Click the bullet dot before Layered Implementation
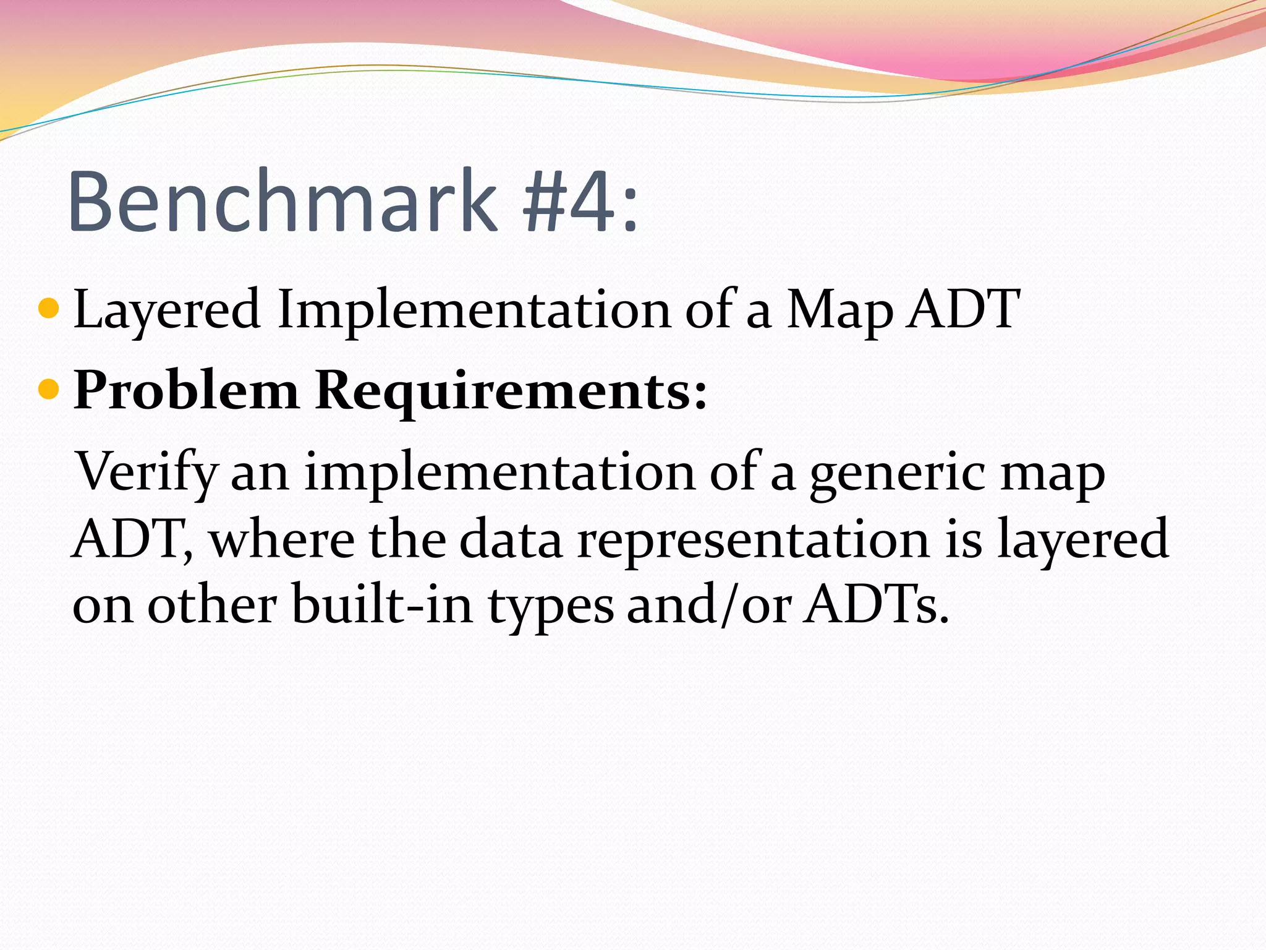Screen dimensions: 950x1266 click(x=48, y=307)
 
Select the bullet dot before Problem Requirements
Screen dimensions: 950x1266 click(x=48, y=389)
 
